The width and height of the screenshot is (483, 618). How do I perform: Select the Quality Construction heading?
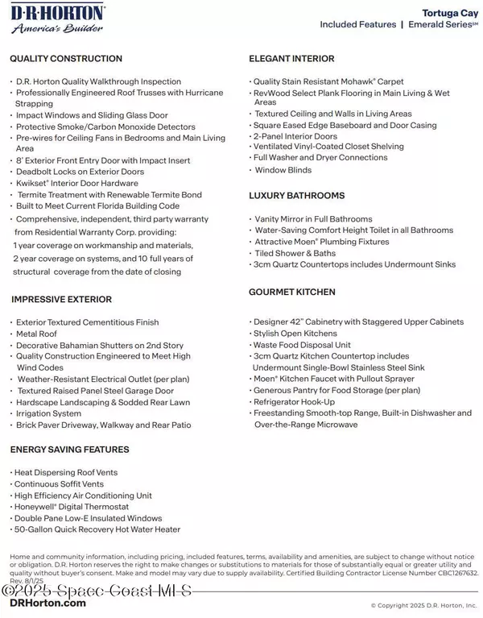click(66, 59)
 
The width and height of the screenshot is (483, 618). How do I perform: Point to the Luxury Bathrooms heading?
click(297, 196)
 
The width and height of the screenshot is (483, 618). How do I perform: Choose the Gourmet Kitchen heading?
click(292, 292)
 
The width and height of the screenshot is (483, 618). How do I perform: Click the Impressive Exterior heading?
click(61, 300)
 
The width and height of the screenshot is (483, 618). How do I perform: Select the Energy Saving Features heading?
click(69, 449)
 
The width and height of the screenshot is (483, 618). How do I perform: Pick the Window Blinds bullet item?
click(283, 171)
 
